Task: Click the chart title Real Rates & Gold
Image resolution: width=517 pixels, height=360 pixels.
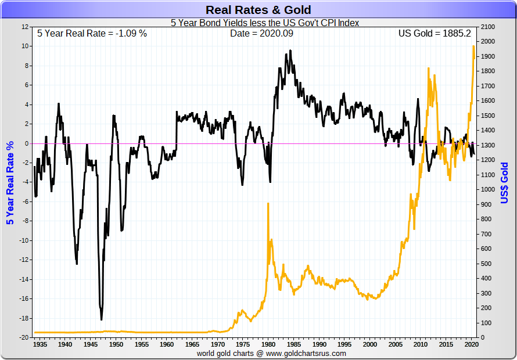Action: pos(258,10)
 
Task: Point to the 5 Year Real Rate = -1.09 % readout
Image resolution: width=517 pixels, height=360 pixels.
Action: pos(92,33)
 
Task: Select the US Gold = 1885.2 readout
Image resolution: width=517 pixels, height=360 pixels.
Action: pos(434,33)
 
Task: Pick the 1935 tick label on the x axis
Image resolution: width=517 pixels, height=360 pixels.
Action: pos(41,344)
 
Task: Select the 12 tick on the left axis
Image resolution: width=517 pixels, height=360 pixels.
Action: pos(25,27)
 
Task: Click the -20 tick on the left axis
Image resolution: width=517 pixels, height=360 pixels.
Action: pos(23,337)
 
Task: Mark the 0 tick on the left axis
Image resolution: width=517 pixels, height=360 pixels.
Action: pos(26,143)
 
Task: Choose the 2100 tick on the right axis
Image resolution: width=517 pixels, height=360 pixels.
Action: pos(487,27)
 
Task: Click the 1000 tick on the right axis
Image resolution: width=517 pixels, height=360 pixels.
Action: pos(487,189)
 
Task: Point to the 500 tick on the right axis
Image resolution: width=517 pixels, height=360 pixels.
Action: pos(485,264)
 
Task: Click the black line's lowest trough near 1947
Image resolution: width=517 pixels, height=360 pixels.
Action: pos(102,319)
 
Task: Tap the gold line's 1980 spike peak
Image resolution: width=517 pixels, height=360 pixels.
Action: pos(268,204)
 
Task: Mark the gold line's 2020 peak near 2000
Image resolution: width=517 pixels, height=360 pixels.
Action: pos(473,46)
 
